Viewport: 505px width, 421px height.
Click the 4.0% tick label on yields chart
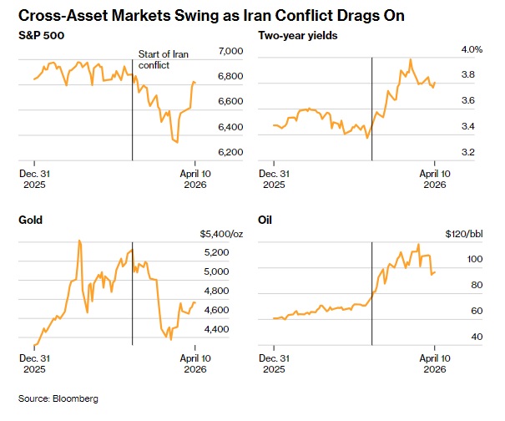click(x=472, y=50)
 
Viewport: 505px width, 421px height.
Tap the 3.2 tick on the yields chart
click(x=467, y=153)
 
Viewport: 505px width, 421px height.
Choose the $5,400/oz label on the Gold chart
click(x=219, y=234)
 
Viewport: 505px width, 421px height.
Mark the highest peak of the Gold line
click(x=78, y=241)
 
